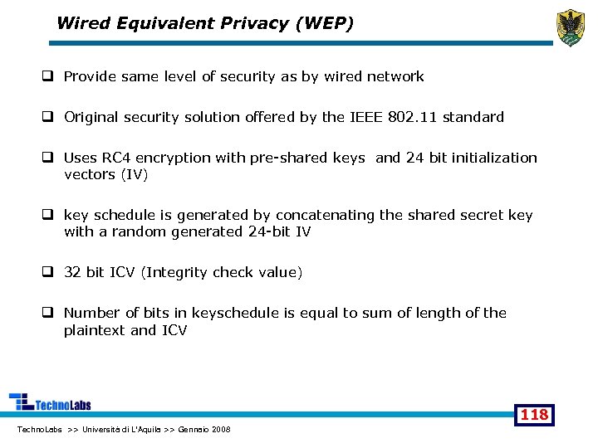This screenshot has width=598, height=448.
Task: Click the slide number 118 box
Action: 533,414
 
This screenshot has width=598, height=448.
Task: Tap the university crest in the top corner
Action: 570,27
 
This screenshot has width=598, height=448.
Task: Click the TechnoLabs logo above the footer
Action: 50,402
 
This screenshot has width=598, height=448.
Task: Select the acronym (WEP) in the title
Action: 324,23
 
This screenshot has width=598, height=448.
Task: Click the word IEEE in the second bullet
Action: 365,117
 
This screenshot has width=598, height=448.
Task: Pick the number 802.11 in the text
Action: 413,117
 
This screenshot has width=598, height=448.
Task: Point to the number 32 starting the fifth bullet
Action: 72,272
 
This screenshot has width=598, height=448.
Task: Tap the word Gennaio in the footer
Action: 189,429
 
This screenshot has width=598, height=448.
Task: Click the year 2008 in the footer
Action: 221,429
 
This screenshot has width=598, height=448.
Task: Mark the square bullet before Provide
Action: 49,76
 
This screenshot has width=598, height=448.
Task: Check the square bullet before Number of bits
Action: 49,313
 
